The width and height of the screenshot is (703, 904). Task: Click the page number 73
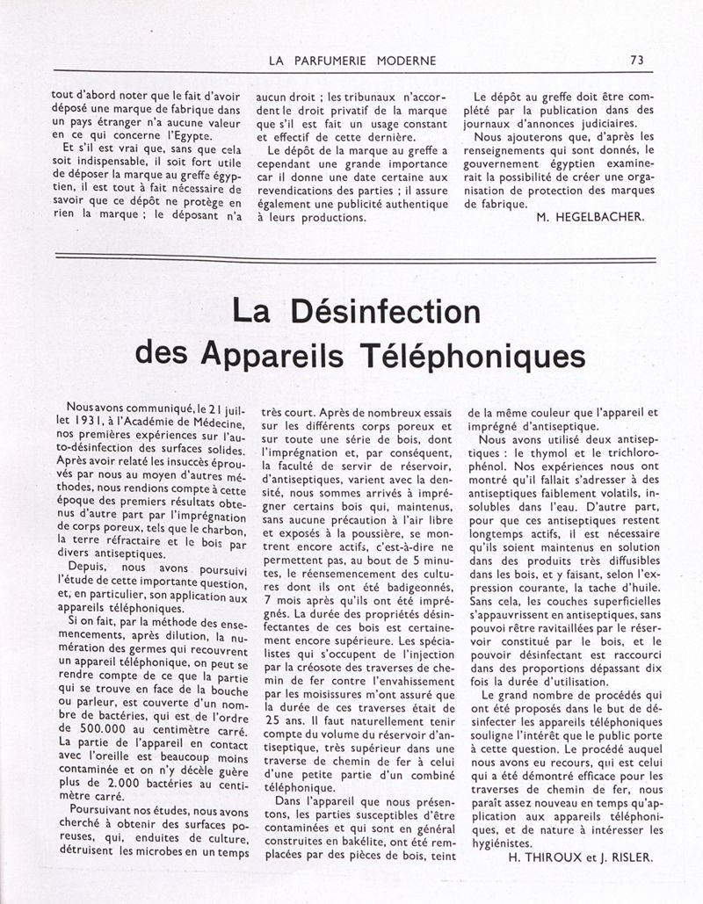pos(637,61)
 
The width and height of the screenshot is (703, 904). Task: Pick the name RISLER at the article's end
pos(631,858)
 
